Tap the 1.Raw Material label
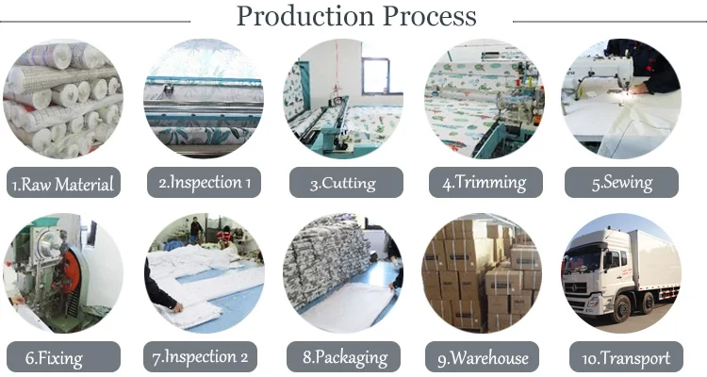63,184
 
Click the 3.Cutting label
343,184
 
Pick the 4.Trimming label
484,183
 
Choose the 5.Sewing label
621,183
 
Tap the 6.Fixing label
61,358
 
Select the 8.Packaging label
343,358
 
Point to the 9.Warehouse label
483,358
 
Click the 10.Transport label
621,358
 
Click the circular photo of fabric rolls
63,98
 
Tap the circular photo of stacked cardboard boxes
483,273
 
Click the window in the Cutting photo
376,75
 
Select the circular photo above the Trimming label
483,98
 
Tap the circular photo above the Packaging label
343,273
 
